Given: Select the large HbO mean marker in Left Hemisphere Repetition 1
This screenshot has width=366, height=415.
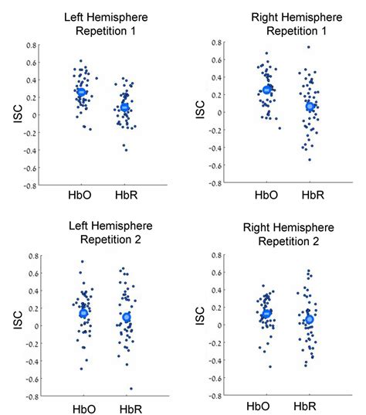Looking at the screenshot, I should (x=81, y=92).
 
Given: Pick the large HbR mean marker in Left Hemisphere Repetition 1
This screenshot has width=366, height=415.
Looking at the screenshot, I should (x=125, y=107).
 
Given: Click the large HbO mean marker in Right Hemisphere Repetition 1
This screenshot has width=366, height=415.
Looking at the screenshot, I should (x=267, y=90).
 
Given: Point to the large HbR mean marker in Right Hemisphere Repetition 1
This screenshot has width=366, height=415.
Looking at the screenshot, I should (x=310, y=107).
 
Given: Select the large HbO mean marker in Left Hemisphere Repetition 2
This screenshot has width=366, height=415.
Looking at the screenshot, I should (x=83, y=313).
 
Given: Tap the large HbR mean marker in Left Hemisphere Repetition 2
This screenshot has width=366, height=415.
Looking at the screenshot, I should (x=126, y=318).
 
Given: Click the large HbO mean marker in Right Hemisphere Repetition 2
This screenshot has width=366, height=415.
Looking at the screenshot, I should (x=266, y=314).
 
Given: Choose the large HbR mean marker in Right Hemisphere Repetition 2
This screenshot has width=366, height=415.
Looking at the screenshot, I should (x=310, y=319).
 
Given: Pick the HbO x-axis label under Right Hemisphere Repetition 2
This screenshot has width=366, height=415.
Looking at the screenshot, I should (x=260, y=406).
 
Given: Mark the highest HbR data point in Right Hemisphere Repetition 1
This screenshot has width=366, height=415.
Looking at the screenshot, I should (x=308, y=47).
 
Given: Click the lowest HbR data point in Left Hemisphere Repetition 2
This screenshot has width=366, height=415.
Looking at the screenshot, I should (x=130, y=388).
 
